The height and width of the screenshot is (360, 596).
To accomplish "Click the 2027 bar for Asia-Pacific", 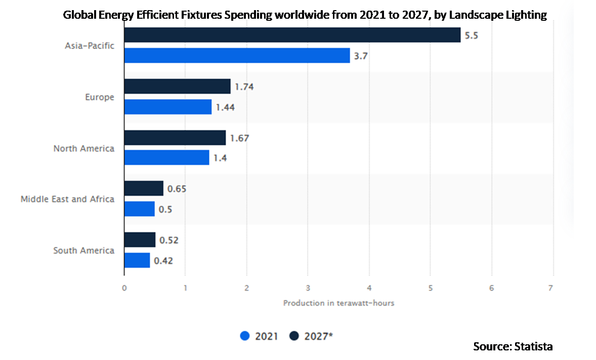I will pos(292,35).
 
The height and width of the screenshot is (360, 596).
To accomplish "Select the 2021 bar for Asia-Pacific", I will pos(237,56).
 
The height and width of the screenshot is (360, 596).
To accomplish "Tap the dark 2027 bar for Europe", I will pos(177,86).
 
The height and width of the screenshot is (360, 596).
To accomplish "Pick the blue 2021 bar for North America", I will pos(166,157).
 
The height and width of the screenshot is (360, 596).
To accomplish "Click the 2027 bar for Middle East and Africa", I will pos(144,188).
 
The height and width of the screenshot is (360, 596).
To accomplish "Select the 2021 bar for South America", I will pos(137,260).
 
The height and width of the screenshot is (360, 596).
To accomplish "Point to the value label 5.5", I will pos(472,35).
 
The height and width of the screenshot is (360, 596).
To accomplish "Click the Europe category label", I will pos(100,97).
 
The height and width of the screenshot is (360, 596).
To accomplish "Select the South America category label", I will pos(84,250).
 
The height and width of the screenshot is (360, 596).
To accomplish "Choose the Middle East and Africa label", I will pos(67,199).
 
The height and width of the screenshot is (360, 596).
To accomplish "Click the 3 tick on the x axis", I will pos(308,288).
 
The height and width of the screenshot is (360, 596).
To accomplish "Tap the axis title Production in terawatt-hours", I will pos(338,303).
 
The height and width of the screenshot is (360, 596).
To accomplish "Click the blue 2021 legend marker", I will pos(245,336).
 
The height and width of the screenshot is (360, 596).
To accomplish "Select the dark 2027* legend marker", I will pos(294,336).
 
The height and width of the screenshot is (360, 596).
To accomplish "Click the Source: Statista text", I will pos(513,347).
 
